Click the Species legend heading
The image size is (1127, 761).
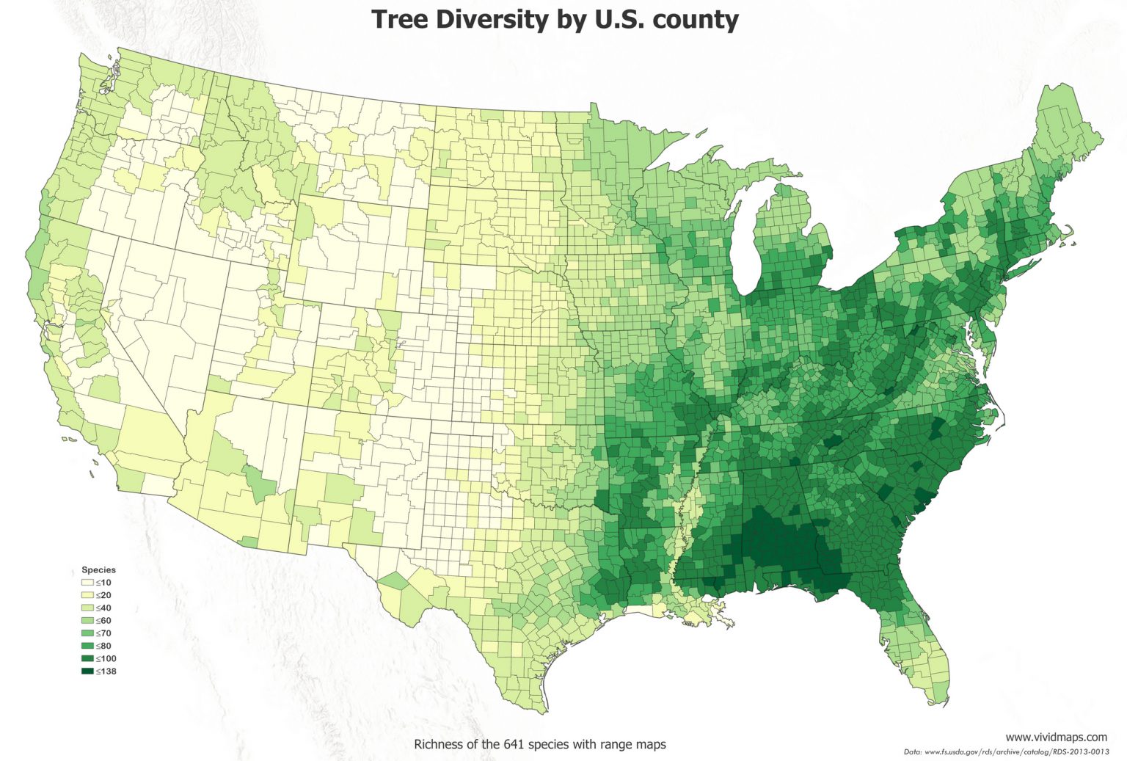pos(98,569)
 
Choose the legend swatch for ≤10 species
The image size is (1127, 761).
pos(87,583)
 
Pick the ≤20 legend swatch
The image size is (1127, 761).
pos(87,595)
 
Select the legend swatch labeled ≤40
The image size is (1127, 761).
pos(87,608)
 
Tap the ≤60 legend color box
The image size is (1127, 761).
pos(87,621)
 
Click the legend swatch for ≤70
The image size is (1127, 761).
pos(87,633)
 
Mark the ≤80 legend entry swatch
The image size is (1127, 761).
pos(87,646)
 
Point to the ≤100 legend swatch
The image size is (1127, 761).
pos(87,659)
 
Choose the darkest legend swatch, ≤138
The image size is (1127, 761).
pos(87,671)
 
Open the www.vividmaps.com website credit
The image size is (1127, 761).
pos(1056,737)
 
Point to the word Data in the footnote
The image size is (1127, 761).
pos(912,752)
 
